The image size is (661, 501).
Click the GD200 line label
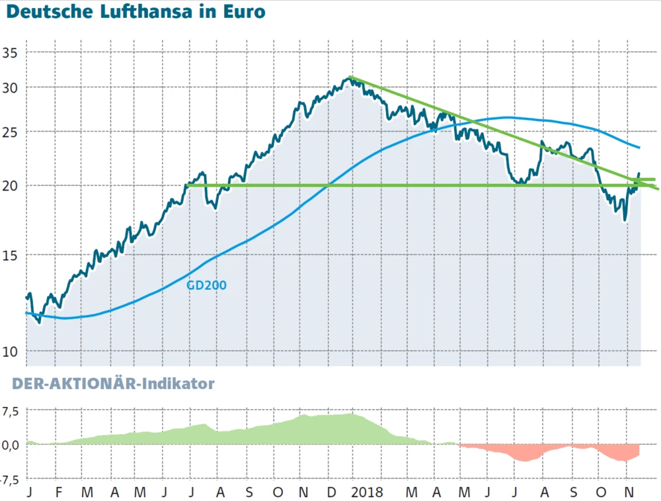206,285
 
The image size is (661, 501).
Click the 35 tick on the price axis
12,53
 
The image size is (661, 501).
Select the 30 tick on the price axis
12,87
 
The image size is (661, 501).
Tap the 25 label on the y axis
12,132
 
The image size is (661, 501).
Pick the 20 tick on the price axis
12,185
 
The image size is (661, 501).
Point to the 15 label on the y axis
12,255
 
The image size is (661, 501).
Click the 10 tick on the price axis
12,351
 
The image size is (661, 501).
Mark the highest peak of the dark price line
348,79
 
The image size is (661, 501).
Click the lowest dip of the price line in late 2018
625,220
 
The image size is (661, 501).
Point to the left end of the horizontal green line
188,185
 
